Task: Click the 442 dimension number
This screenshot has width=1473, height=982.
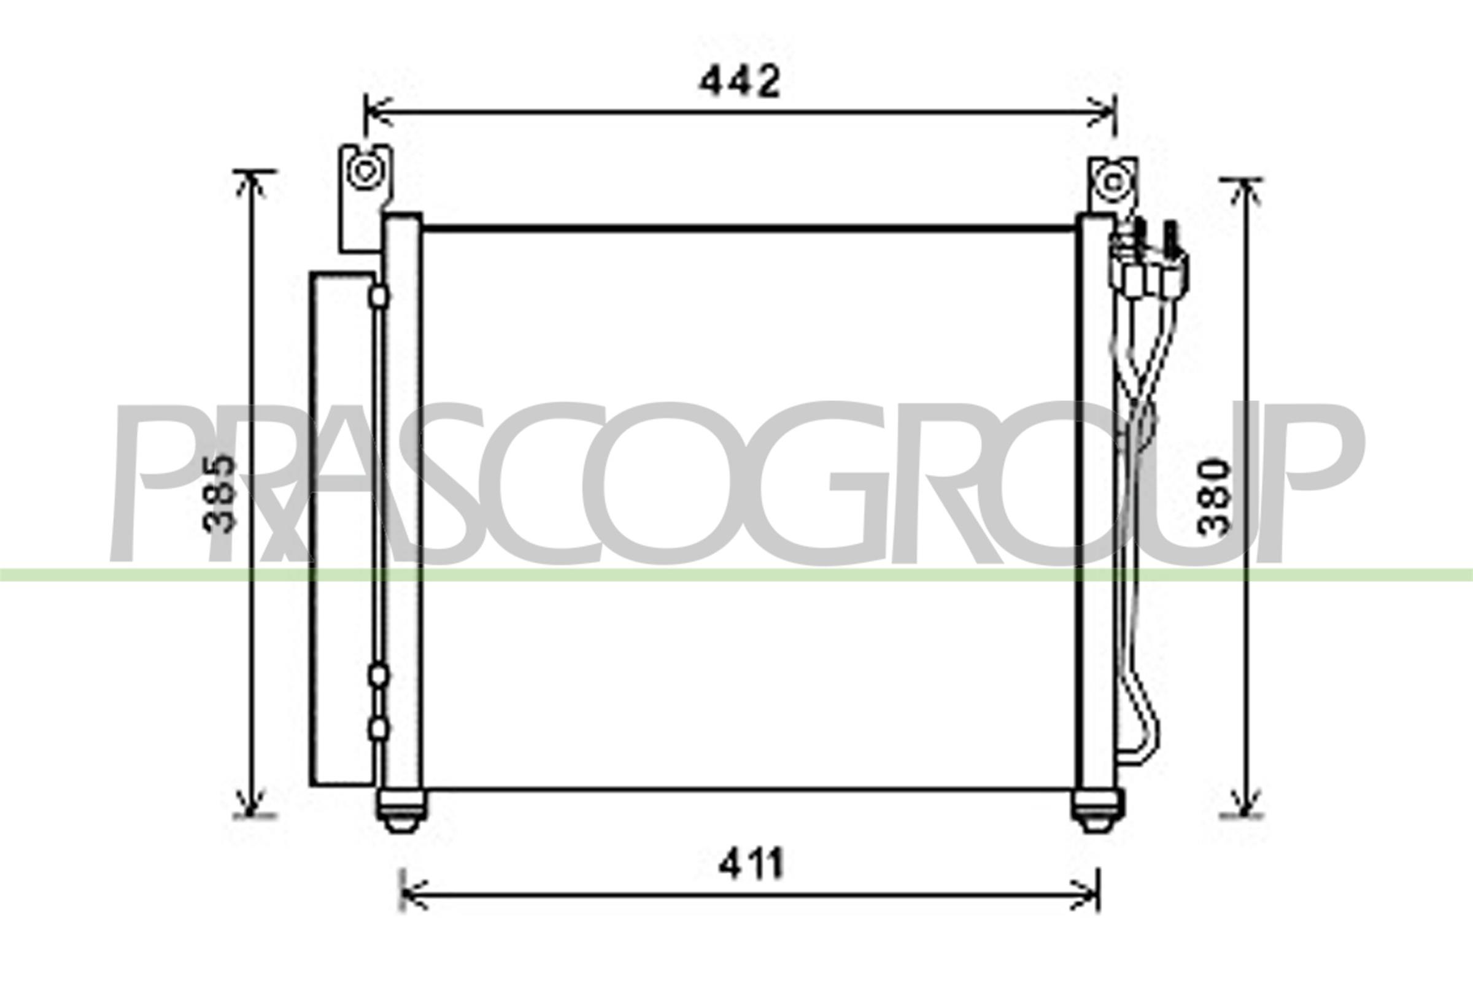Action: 740,82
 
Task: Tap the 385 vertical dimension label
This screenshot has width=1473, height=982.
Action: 220,493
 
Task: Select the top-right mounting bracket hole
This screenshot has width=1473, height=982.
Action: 1113,183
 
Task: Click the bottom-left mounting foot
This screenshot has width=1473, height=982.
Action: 401,811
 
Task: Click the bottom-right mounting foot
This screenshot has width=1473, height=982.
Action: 1097,811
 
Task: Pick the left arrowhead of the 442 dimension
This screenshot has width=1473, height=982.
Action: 376,113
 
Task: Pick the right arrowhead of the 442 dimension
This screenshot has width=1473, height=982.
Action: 1104,113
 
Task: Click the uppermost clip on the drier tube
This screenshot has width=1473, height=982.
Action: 379,296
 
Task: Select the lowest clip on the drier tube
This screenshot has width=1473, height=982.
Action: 378,730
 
